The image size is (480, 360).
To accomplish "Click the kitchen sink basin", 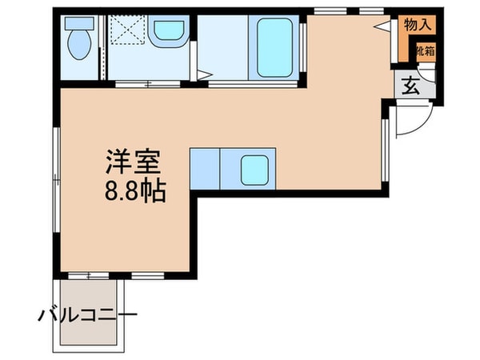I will (255, 168).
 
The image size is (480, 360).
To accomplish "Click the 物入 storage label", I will (418, 26).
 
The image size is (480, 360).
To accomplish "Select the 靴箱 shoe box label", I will (423, 50).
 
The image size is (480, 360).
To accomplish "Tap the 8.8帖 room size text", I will (133, 191).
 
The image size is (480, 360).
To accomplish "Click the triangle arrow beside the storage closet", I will (381, 26).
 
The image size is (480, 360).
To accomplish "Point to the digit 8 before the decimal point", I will (108, 191).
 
